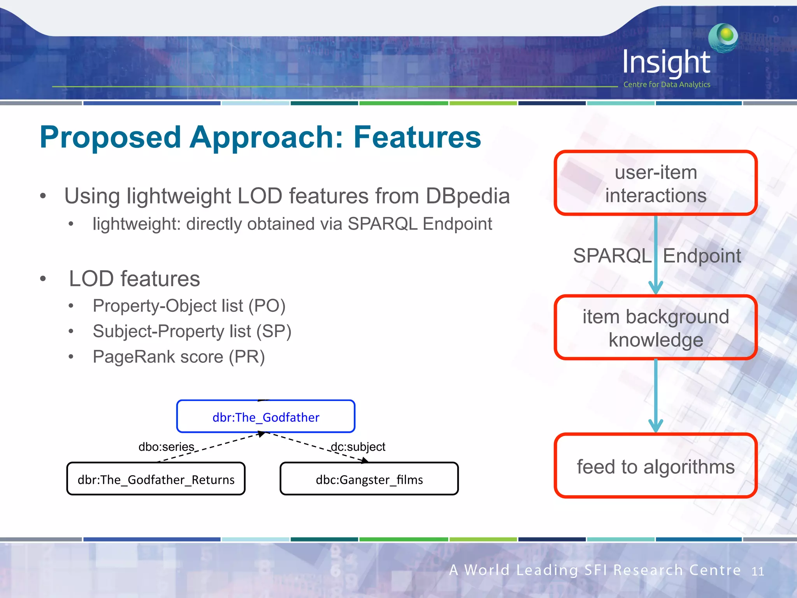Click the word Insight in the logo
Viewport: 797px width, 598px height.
666,62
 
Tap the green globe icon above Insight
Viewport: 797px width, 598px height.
723,37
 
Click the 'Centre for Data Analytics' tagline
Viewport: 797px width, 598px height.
667,84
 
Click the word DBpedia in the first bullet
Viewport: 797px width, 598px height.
467,196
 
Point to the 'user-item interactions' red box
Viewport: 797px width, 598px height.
655,183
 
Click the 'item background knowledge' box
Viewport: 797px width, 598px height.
655,328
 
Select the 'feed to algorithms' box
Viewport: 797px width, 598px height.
655,466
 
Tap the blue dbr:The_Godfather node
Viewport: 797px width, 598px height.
266,417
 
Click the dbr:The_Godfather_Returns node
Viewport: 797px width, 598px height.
156,479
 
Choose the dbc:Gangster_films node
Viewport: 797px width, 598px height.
369,479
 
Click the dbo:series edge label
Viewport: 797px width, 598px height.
166,447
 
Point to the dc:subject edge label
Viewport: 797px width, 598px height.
358,447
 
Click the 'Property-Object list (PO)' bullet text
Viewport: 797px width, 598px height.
189,306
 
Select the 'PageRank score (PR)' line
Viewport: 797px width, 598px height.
179,357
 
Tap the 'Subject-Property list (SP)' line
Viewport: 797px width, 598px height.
192,332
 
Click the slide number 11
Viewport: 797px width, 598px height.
757,571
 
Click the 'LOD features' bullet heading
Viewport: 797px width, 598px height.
134,279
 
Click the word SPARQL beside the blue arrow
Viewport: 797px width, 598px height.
612,256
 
